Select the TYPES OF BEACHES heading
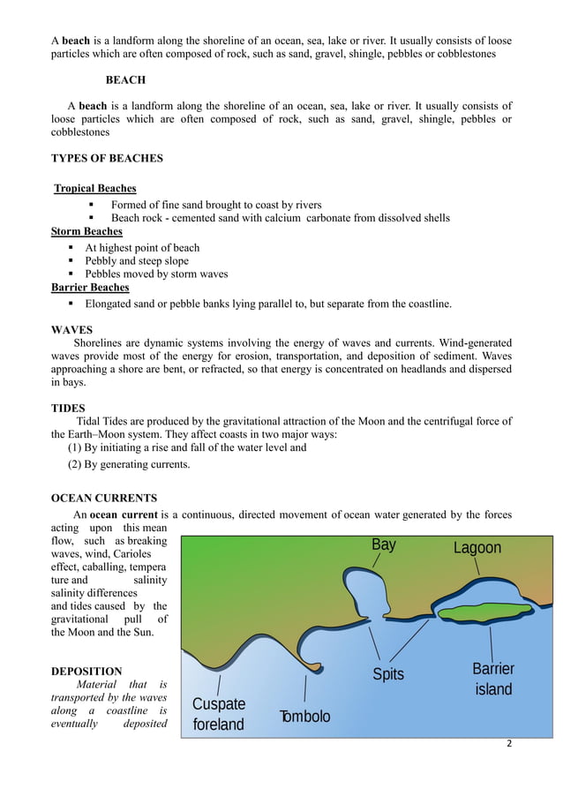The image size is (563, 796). pyautogui.click(x=107, y=159)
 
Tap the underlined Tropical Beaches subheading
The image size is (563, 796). pyautogui.click(x=95, y=188)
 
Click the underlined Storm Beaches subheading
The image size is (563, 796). pyautogui.click(x=87, y=232)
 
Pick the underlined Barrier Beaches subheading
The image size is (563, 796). pyautogui.click(x=90, y=288)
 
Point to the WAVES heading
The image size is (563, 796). pyautogui.click(x=72, y=329)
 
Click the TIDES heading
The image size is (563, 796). pyautogui.click(x=69, y=408)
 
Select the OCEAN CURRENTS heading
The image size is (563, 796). pyautogui.click(x=104, y=498)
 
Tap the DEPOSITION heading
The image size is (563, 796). pyautogui.click(x=86, y=672)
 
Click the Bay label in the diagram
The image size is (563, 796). pyautogui.click(x=383, y=544)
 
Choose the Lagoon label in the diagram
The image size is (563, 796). pyautogui.click(x=477, y=548)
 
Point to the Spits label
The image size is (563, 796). pyautogui.click(x=387, y=674)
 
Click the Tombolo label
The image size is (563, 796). pyautogui.click(x=304, y=717)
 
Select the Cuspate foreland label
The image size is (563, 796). pyautogui.click(x=218, y=715)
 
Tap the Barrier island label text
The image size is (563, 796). pyautogui.click(x=493, y=679)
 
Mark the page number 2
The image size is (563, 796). pyautogui.click(x=508, y=743)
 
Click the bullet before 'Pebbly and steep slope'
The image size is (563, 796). pyautogui.click(x=72, y=261)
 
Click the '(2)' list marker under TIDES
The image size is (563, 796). pyautogui.click(x=76, y=465)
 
